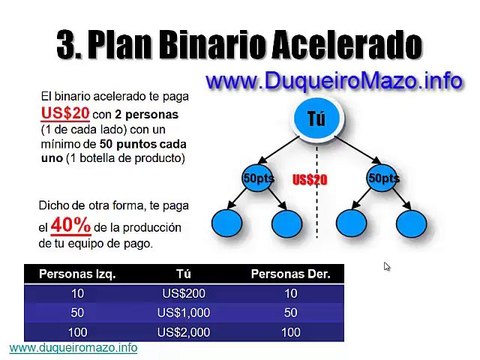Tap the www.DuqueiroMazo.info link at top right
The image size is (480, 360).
335,80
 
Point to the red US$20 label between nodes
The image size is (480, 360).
311,179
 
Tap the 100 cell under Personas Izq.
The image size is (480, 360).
75,331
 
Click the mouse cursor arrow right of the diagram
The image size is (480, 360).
387,266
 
